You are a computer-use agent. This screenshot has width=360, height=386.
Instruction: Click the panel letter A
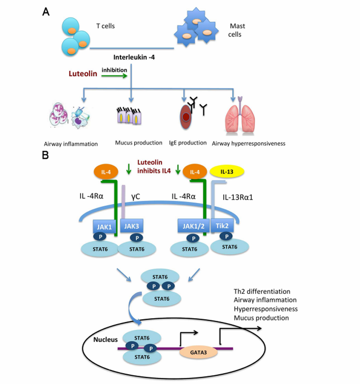(x=46, y=12)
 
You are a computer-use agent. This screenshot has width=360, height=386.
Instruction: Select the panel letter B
(x=46, y=155)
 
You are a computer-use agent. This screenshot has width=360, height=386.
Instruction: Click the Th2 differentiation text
(x=262, y=292)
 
